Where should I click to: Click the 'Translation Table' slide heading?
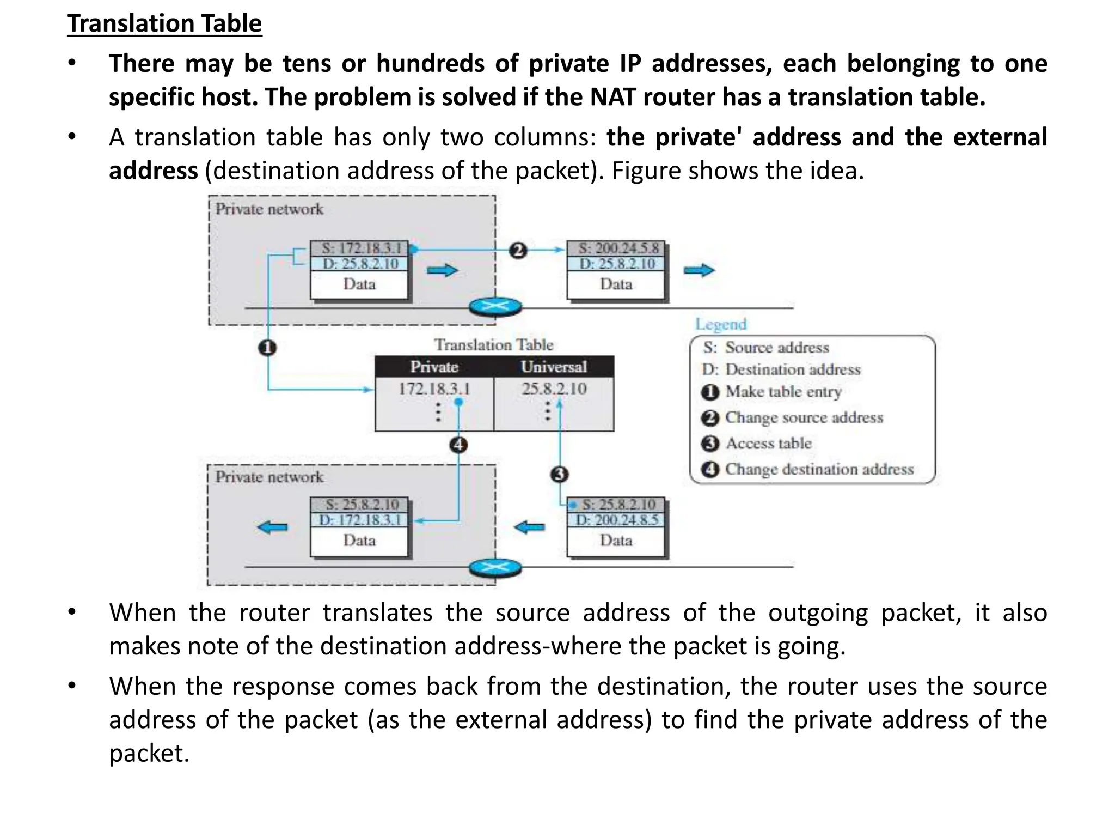point(164,24)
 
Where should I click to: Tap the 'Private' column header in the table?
point(434,367)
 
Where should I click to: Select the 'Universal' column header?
point(554,367)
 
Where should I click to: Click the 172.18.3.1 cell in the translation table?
point(434,389)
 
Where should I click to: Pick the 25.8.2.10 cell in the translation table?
point(554,389)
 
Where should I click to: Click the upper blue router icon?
point(495,307)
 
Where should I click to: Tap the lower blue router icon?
point(495,568)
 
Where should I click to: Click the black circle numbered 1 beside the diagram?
point(267,348)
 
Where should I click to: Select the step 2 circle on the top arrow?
point(518,250)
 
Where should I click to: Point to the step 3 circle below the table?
point(559,474)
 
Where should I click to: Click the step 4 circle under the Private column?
point(458,445)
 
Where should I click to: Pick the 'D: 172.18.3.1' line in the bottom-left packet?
point(359,520)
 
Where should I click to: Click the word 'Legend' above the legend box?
point(720,324)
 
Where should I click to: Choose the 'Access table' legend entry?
point(768,444)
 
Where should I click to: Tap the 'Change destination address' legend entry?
point(819,469)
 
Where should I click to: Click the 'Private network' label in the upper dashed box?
point(269,209)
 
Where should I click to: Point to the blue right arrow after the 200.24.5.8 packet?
point(699,270)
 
